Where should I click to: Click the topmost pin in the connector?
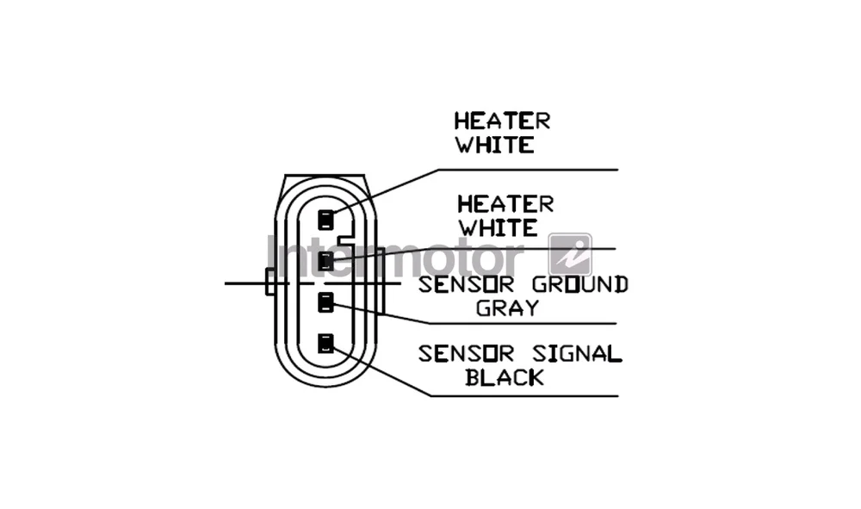(x=325, y=220)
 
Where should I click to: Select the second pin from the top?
(x=325, y=261)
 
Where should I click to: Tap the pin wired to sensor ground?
(x=325, y=302)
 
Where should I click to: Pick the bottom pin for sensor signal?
(x=325, y=343)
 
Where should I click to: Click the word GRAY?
(x=507, y=308)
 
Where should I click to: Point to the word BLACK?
(x=505, y=377)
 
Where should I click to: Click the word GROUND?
(x=579, y=284)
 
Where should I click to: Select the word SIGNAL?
(x=577, y=354)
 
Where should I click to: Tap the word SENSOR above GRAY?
(x=466, y=284)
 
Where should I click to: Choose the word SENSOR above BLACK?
(x=466, y=354)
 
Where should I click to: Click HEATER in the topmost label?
(x=502, y=121)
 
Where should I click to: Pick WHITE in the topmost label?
(x=495, y=145)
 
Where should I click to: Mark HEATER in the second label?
(x=505, y=204)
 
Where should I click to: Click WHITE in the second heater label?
(x=499, y=228)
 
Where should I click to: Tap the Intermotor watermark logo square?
(x=571, y=255)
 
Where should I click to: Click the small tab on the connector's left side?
(x=270, y=282)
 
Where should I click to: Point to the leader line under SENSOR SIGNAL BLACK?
(x=524, y=395)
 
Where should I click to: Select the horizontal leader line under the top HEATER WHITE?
(x=529, y=170)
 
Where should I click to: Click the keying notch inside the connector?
(x=348, y=240)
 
